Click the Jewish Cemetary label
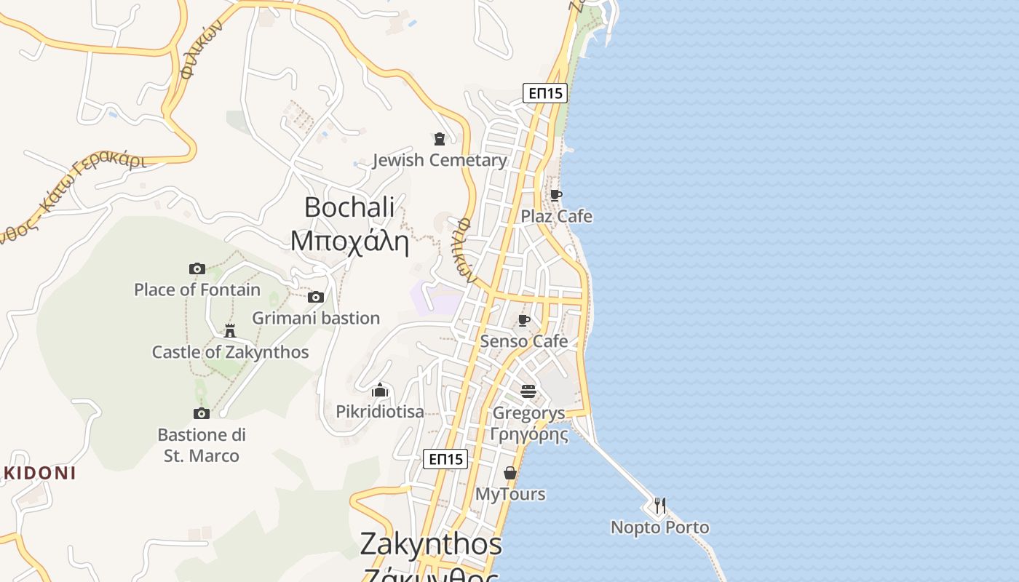(440, 160)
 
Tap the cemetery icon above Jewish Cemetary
(440, 138)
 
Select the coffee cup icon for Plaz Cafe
(556, 195)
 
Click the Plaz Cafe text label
(556, 216)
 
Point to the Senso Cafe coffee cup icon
(524, 320)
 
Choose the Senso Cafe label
(524, 341)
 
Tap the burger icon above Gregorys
(528, 391)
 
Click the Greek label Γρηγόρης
(529, 435)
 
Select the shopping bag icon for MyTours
(510, 473)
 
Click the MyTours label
(510, 494)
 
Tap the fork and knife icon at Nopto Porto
(659, 505)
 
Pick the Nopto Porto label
(659, 527)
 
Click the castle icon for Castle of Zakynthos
(230, 331)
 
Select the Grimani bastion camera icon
(316, 297)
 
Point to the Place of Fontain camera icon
(197, 268)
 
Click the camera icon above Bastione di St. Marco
(202, 413)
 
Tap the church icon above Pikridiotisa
(380, 391)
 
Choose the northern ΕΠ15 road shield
(544, 92)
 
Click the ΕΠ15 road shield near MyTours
(445, 459)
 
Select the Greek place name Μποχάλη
(349, 240)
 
